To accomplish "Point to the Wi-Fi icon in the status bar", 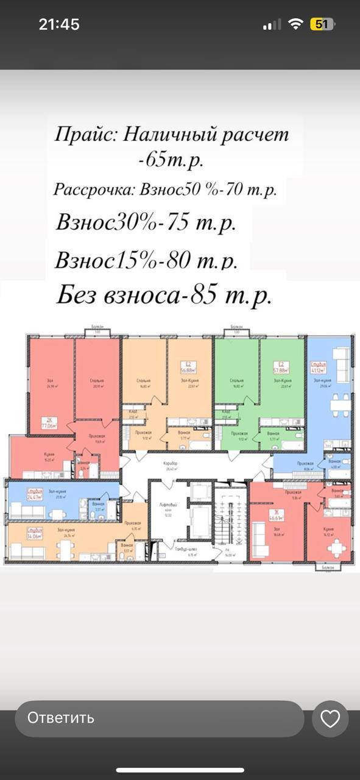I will pyautogui.click(x=296, y=24).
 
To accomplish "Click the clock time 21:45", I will pyautogui.click(x=59, y=24).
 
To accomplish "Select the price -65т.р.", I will pyautogui.click(x=171, y=161).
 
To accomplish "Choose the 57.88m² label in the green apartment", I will pyautogui.click(x=281, y=368).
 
